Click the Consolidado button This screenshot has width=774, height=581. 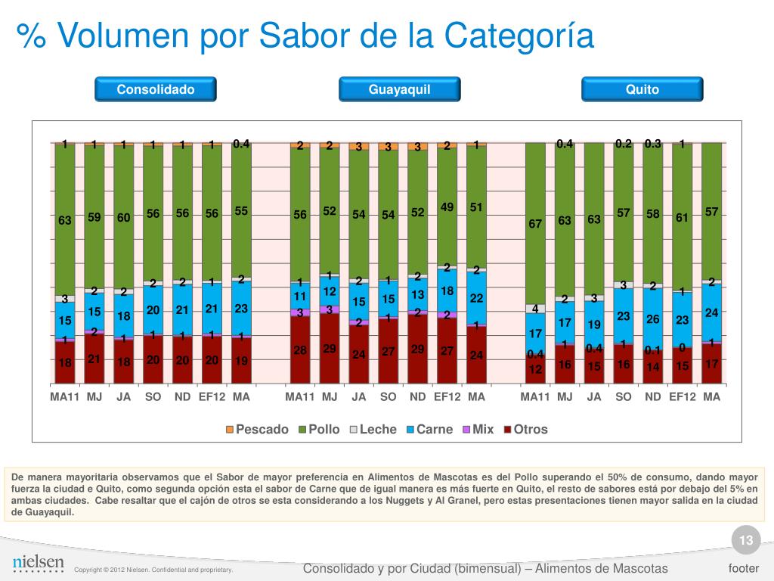[x=156, y=89]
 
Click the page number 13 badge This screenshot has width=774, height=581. [x=746, y=540]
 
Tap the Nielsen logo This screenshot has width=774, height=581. [x=39, y=564]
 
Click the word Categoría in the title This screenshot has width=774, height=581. [x=519, y=36]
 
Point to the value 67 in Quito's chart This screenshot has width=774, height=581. [x=535, y=224]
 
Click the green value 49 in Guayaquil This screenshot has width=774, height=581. [x=447, y=207]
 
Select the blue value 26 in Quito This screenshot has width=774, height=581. [x=653, y=318]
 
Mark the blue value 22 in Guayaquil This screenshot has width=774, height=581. [x=476, y=298]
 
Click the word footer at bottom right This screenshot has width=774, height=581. [x=743, y=568]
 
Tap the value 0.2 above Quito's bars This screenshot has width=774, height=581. [x=624, y=144]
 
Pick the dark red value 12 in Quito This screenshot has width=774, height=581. [x=535, y=370]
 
